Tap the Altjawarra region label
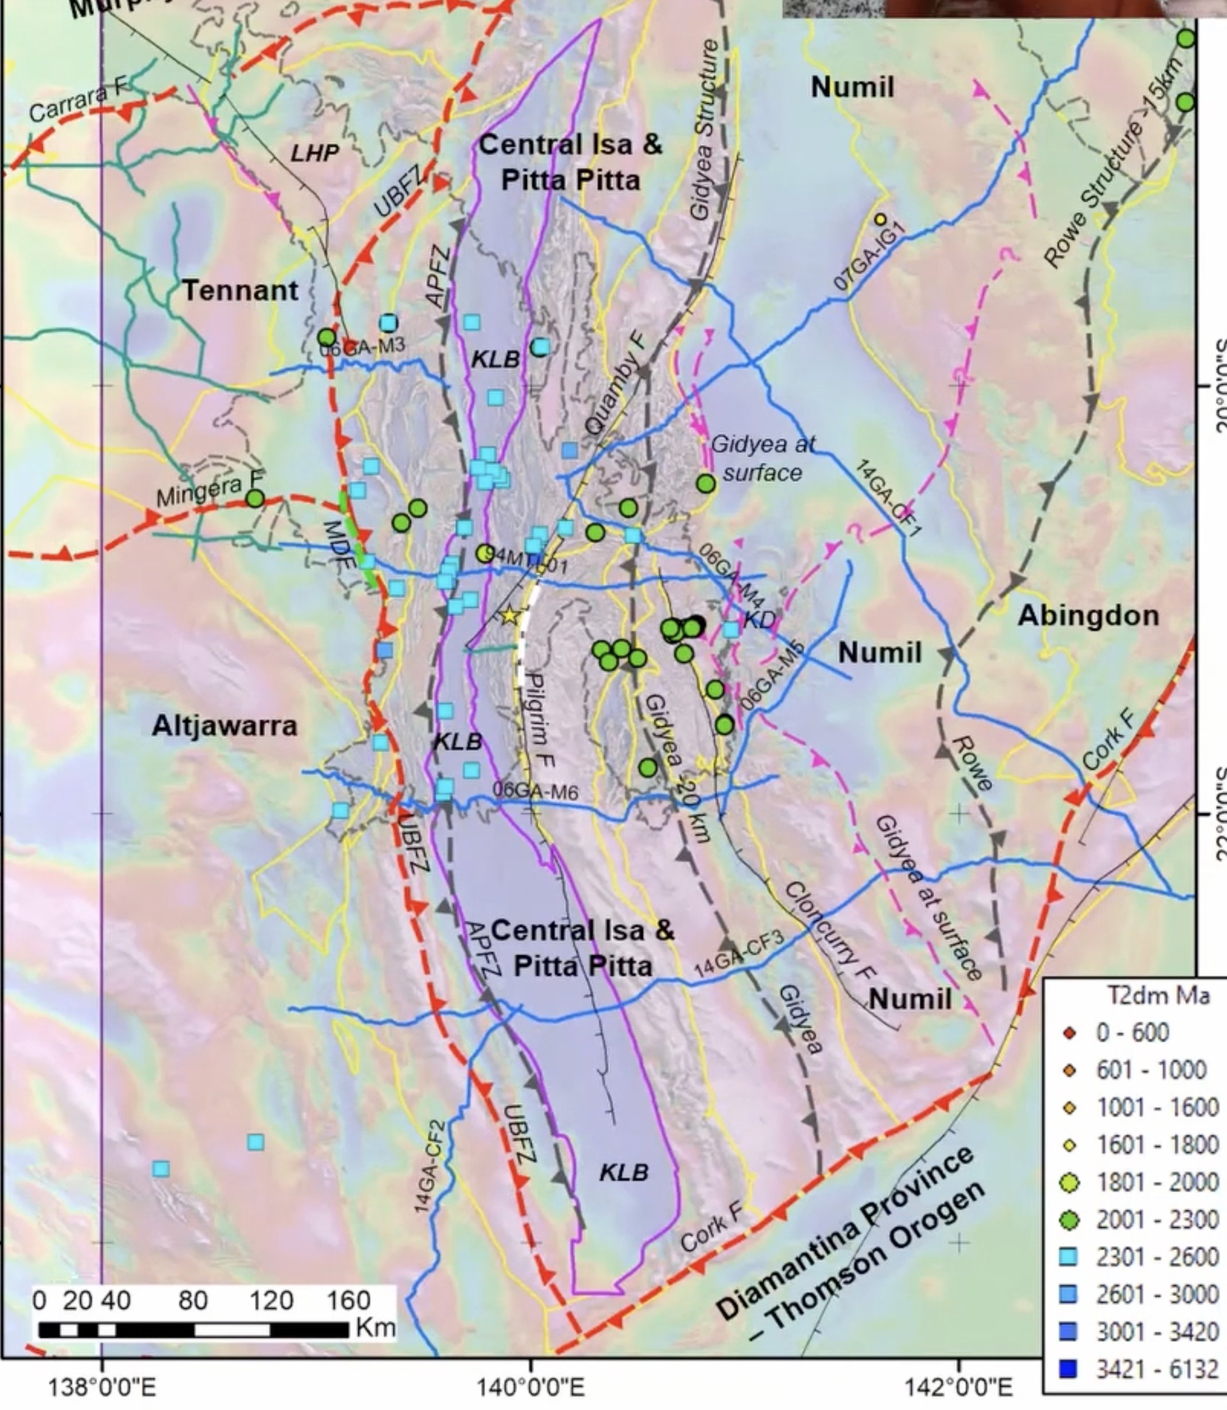pyautogui.click(x=225, y=726)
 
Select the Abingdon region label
pyautogui.click(x=1088, y=615)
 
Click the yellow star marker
pyautogui.click(x=509, y=615)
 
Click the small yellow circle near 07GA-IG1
pyautogui.click(x=880, y=219)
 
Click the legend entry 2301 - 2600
pyautogui.click(x=1157, y=1257)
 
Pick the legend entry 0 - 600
pyautogui.click(x=1132, y=1032)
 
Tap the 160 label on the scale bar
pyautogui.click(x=348, y=1301)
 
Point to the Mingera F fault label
pyautogui.click(x=210, y=490)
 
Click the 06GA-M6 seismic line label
pyautogui.click(x=536, y=792)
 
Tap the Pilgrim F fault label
pyautogui.click(x=541, y=719)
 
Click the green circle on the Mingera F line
pyautogui.click(x=255, y=498)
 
